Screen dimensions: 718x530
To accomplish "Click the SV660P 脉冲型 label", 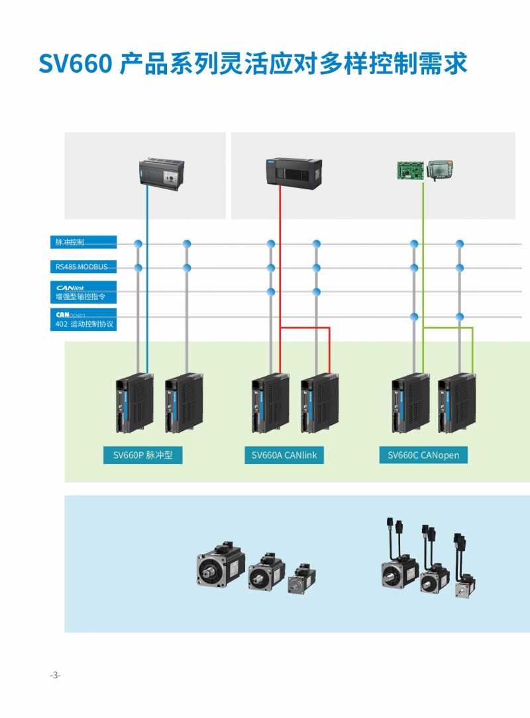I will [x=142, y=455].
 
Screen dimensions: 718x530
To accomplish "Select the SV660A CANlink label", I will [x=285, y=455].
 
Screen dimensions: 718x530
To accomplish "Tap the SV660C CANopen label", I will [x=423, y=455].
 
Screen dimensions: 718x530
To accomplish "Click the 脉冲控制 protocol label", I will [x=83, y=242].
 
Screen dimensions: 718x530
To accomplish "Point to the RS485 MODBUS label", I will [x=83, y=267].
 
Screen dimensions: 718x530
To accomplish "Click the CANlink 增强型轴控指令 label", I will [x=83, y=292].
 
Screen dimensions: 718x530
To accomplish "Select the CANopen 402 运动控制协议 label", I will [x=83, y=319].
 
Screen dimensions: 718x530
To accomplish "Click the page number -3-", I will [x=55, y=675].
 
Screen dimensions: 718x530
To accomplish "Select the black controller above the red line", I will [x=293, y=172].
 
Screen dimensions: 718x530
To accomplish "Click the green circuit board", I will [x=411, y=171].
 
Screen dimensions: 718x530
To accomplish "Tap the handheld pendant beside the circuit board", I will [x=441, y=171].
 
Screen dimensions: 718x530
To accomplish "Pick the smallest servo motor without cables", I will [x=301, y=578].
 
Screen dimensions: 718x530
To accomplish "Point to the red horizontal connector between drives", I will [x=305, y=327].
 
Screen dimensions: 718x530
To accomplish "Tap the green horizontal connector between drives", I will [x=448, y=327].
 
